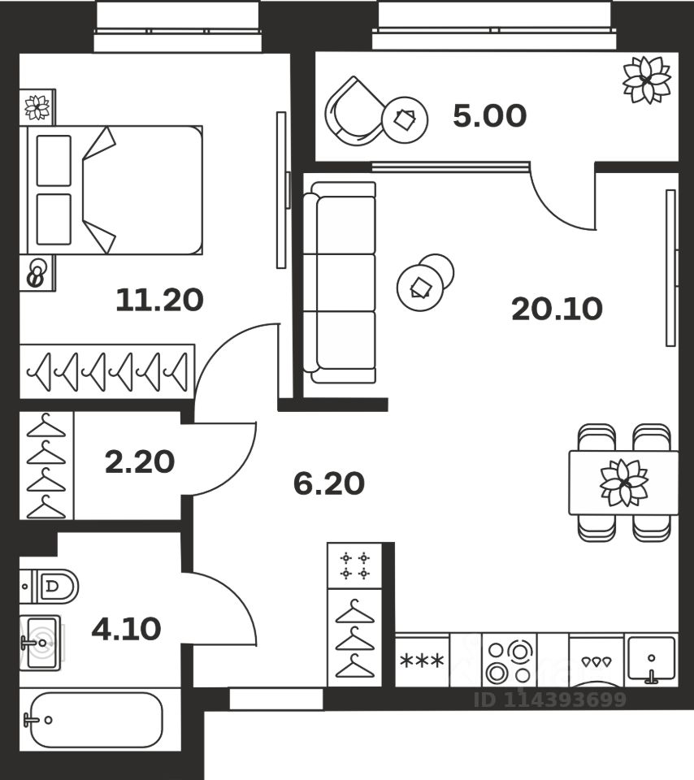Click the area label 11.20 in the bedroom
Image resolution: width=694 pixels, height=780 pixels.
pyautogui.click(x=158, y=301)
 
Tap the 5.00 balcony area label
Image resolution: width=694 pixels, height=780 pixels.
pyautogui.click(x=489, y=116)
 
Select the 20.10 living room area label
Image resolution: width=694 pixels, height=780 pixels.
pyautogui.click(x=557, y=309)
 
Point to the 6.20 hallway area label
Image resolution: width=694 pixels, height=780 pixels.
pyautogui.click(x=328, y=484)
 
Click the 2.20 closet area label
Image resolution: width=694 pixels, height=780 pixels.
pyautogui.click(x=139, y=462)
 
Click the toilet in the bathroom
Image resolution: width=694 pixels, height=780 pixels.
pyautogui.click(x=54, y=586)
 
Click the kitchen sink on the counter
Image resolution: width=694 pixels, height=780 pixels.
pyautogui.click(x=651, y=659)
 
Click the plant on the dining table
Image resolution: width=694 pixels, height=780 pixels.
pyautogui.click(x=623, y=482)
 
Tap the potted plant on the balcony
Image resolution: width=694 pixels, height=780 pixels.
pyautogui.click(x=646, y=80)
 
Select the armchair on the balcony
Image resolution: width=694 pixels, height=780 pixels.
pyautogui.click(x=351, y=110)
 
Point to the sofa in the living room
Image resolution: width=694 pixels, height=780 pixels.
pyautogui.click(x=342, y=282)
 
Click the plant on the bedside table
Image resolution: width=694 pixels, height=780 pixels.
pyautogui.click(x=37, y=106)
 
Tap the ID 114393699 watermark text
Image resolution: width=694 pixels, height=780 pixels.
pyautogui.click(x=550, y=700)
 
